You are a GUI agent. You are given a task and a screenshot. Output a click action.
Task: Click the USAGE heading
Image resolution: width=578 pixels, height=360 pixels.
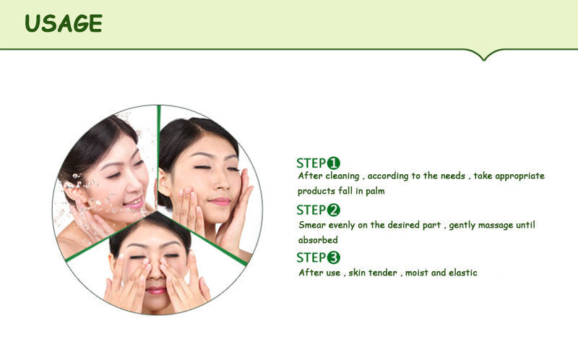pos(64,24)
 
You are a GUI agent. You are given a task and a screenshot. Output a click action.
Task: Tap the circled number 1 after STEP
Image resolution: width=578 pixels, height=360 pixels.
pos(334,163)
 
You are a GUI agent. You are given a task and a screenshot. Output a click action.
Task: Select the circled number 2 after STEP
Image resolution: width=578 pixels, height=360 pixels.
pos(334,210)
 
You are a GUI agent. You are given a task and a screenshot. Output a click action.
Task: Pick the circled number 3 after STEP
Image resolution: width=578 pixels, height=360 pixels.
pos(334,257)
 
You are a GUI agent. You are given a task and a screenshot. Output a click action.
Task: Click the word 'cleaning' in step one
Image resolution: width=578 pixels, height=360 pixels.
pos(342,176)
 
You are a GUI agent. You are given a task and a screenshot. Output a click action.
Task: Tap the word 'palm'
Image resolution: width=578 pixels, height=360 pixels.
pos(375,192)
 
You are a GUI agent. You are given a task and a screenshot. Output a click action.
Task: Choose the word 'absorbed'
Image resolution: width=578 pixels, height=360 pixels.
pos(318,240)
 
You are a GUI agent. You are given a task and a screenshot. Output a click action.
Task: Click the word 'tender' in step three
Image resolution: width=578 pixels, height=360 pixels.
pos(383,273)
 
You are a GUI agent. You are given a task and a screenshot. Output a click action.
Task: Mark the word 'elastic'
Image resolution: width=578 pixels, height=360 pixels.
pos(463,273)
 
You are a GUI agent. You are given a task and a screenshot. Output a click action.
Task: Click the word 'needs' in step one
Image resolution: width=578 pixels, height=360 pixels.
pos(453,176)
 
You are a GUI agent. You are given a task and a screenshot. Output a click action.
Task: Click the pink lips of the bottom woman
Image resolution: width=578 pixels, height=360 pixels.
pos(155,291)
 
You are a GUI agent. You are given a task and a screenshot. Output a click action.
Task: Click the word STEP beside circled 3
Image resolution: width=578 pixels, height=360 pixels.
pos(311,257)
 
